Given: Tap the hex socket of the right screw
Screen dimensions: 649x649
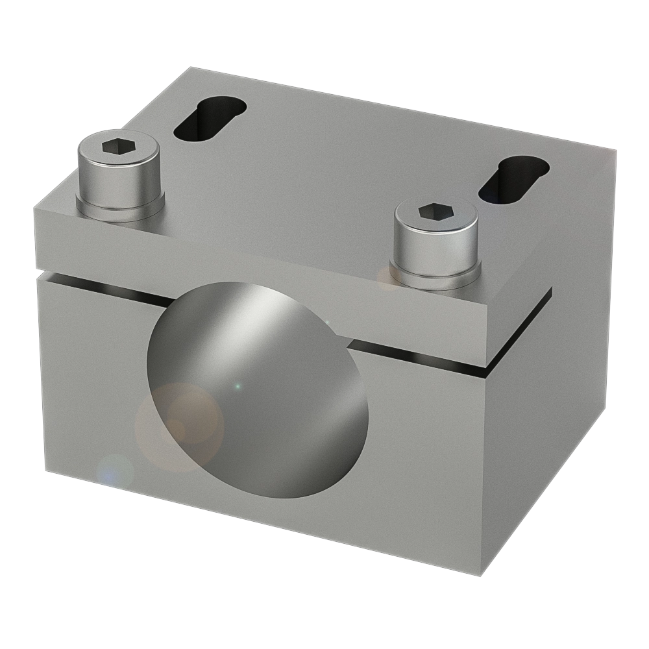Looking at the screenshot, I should (434, 211).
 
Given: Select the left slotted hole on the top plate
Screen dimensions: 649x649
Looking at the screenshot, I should (209, 117).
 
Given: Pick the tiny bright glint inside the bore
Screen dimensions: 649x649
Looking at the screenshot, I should (238, 386).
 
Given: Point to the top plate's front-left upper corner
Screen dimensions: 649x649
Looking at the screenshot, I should (34, 204).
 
